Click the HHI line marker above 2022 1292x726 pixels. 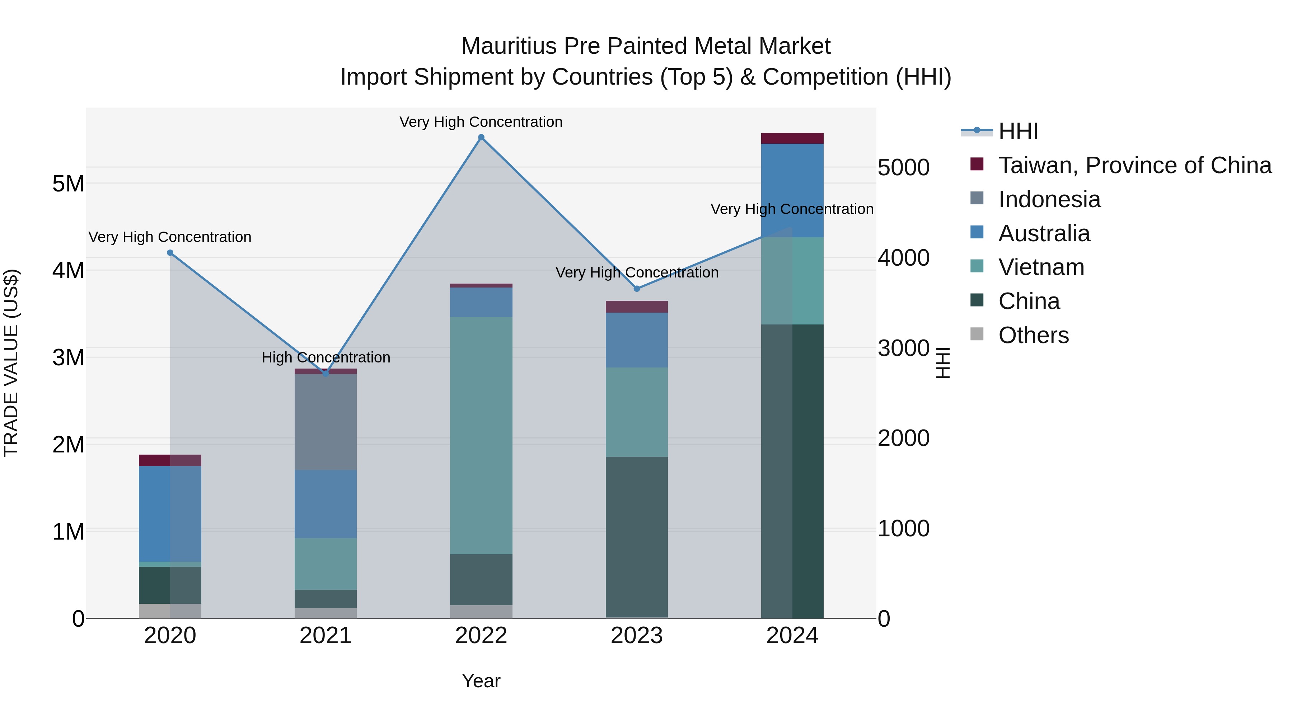pos(481,137)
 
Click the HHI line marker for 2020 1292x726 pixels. pos(170,253)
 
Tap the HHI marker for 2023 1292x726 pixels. pos(637,289)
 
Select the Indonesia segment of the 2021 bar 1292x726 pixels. pos(326,422)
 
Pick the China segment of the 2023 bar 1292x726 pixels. pos(637,537)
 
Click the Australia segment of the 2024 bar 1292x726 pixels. pos(792,190)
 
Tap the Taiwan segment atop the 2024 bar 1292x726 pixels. pos(792,138)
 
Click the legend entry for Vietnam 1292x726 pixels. pos(1041,267)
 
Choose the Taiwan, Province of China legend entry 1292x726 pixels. pos(1134,165)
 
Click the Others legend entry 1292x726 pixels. pos(1033,335)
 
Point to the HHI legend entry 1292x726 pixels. pos(1018,131)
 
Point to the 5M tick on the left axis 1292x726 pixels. pos(68,184)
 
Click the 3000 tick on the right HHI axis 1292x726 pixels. pos(903,348)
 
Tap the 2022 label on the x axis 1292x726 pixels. pos(481,636)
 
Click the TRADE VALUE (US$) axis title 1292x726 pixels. pos(11,363)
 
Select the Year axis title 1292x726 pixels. pos(481,681)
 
